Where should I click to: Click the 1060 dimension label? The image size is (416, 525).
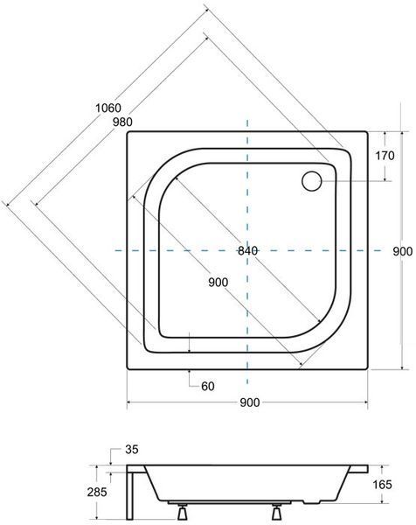(x=108, y=108)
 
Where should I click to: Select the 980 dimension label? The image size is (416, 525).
(x=122, y=122)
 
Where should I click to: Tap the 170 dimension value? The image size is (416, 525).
(x=385, y=156)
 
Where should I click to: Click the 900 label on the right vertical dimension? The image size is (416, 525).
(x=403, y=251)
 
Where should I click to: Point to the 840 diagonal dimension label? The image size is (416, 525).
(x=248, y=250)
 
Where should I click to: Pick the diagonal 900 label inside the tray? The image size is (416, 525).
(x=218, y=283)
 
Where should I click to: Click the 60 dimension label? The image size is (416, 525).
(x=208, y=387)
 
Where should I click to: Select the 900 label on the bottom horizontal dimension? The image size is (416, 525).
(x=249, y=402)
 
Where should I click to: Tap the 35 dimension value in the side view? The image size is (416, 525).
(x=132, y=450)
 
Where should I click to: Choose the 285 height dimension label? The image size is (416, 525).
(x=97, y=492)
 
